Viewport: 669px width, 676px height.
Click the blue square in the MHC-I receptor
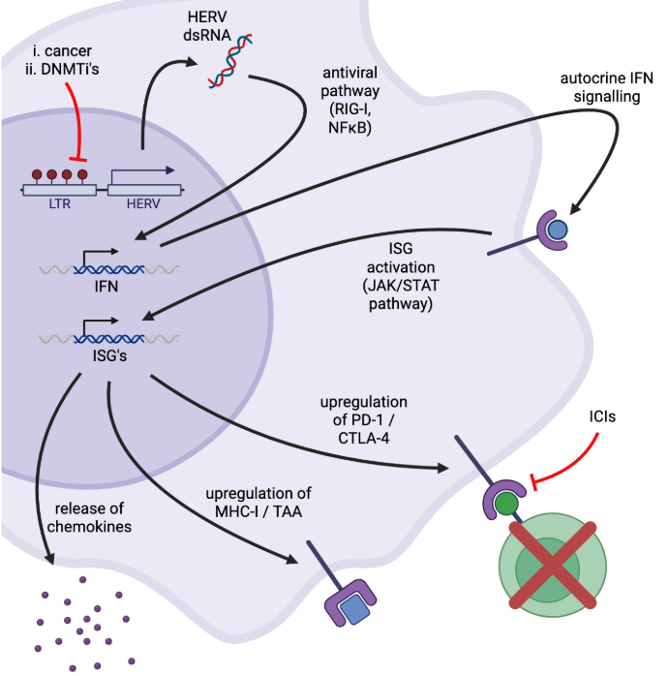356,610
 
